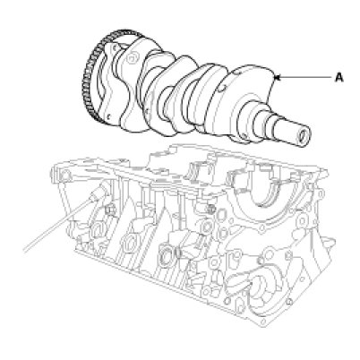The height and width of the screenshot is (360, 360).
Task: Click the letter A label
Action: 339,78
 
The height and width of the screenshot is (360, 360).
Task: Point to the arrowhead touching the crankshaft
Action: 277,78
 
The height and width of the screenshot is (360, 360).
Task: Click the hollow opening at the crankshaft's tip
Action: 303,137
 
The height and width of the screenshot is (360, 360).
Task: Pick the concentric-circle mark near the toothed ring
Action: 132,57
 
